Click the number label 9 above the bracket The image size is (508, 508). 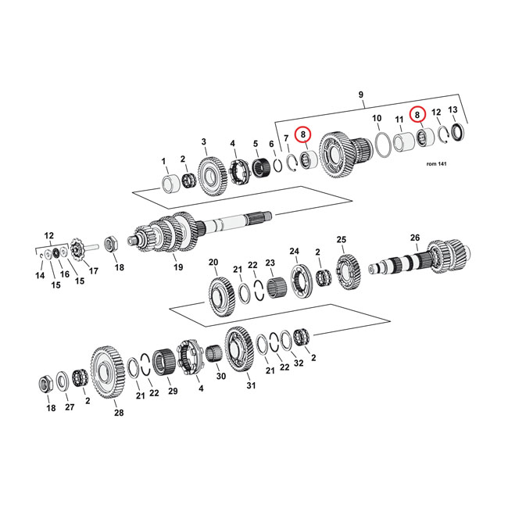tap(361, 95)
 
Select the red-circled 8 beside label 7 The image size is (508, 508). tap(303, 134)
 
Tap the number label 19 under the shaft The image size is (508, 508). tap(178, 267)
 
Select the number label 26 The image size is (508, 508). tap(415, 238)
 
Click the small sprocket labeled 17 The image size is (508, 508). tap(78, 252)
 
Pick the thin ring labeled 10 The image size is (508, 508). tap(382, 145)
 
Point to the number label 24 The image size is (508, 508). tap(295, 251)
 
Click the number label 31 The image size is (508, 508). tap(250, 385)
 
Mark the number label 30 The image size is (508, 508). tap(220, 376)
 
